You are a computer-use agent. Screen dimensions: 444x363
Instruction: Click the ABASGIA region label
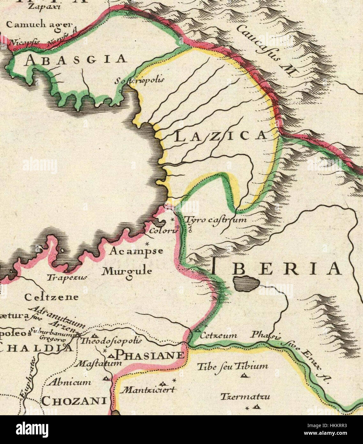(x=76, y=59)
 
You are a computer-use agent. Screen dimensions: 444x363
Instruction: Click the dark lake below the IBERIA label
(x=245, y=283)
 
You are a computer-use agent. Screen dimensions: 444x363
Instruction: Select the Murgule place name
(x=126, y=272)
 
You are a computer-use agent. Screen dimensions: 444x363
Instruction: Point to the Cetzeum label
(x=218, y=335)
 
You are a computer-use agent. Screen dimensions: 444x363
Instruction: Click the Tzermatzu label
(x=245, y=397)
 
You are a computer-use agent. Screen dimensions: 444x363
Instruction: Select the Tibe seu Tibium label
(x=232, y=366)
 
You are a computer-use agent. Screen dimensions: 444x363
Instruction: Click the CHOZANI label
(x=74, y=401)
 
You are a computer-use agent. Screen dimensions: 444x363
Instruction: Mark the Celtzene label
(x=52, y=297)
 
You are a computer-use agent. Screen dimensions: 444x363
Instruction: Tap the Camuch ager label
(x=39, y=25)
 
